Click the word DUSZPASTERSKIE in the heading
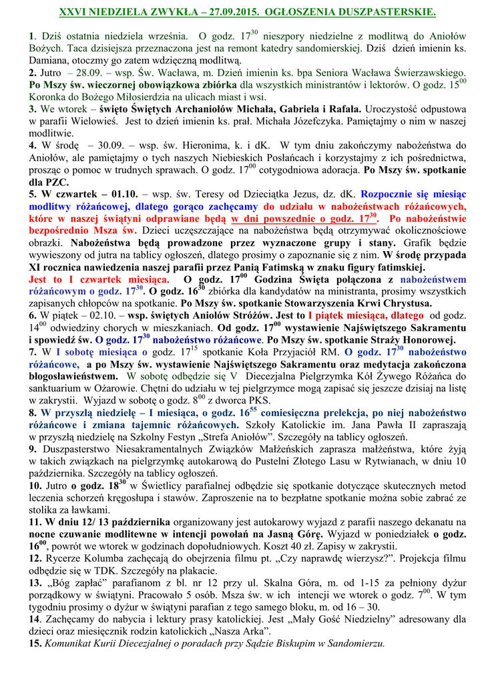(391, 13)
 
